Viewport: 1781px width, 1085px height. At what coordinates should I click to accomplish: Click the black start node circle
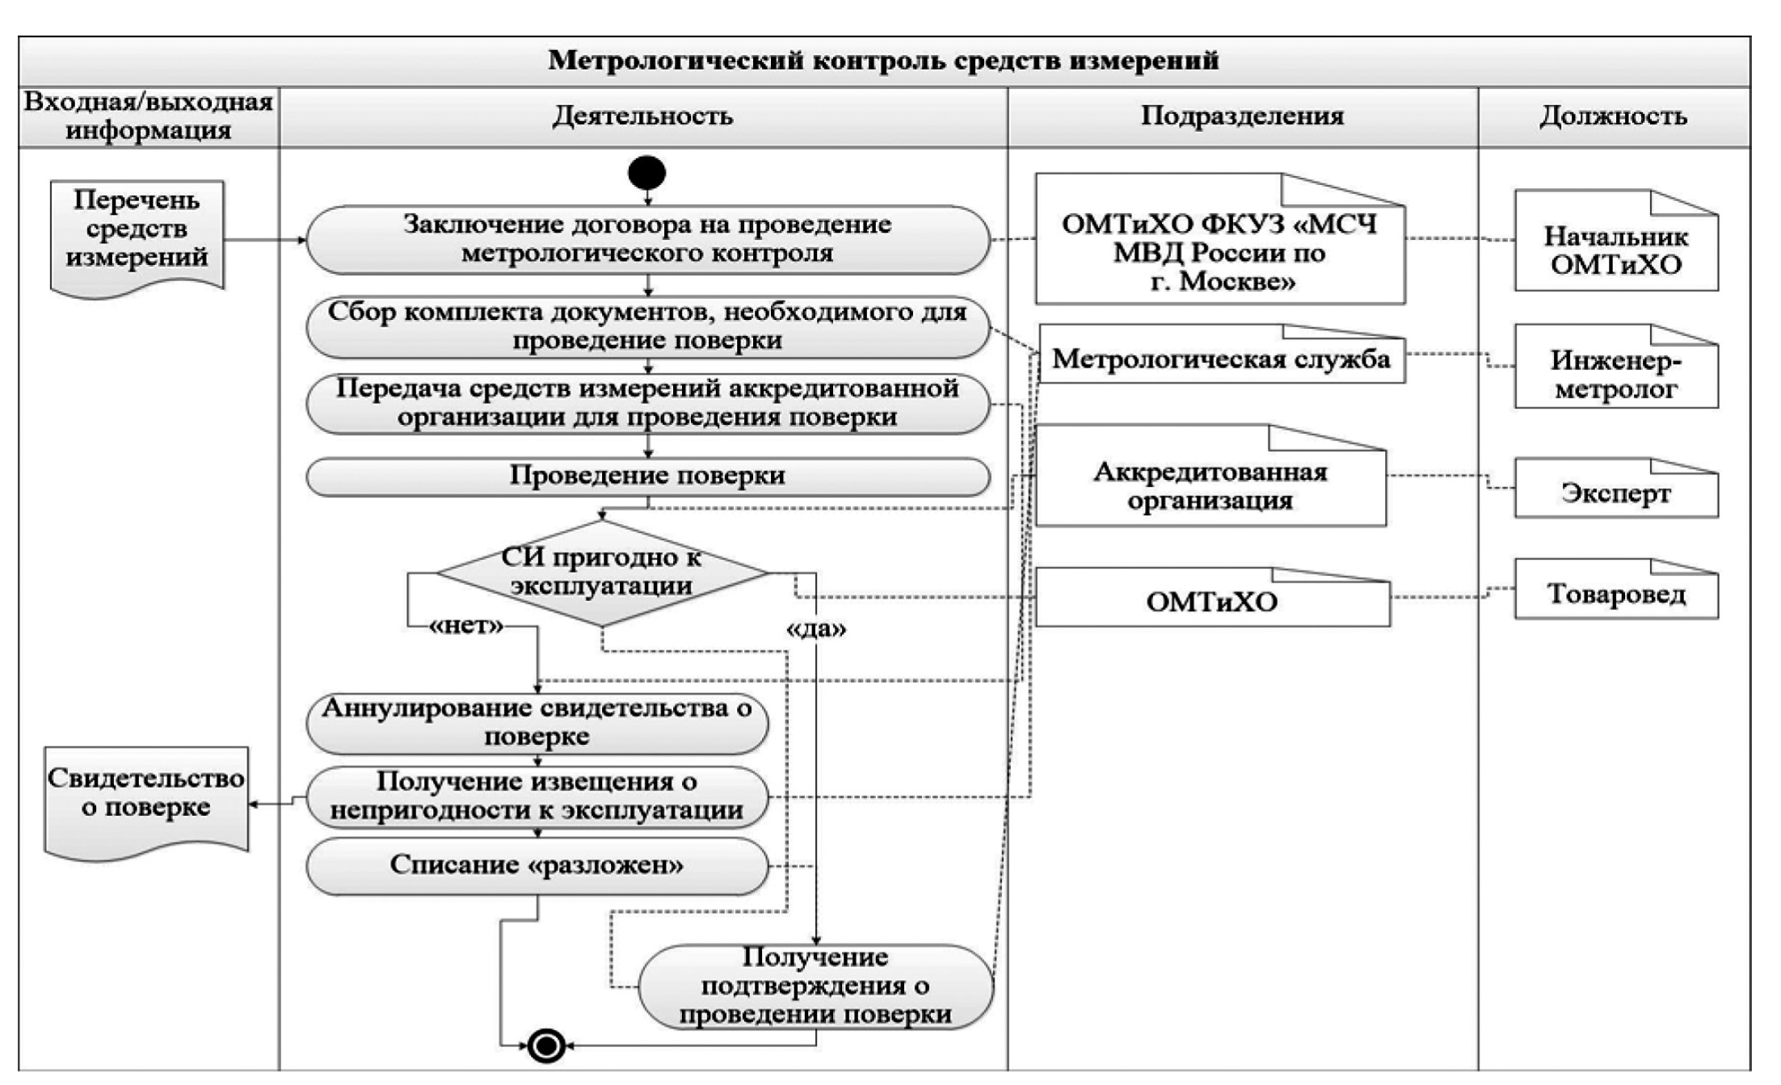(646, 173)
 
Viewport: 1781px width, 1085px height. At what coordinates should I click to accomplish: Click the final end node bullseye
(546, 1046)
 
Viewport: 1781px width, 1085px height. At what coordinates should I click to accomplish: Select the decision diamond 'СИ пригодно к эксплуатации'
(601, 573)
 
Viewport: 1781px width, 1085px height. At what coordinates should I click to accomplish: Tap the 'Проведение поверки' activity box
(647, 476)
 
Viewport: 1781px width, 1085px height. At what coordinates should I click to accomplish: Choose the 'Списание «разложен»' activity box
(537, 865)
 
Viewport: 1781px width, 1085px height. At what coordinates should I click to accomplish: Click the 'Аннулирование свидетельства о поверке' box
(537, 722)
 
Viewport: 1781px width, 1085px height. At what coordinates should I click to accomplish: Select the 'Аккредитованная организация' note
(1210, 486)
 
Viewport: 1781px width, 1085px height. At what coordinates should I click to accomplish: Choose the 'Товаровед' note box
(1615, 595)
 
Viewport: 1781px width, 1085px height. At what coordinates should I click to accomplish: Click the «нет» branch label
(467, 626)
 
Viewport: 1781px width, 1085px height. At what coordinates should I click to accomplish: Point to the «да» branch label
(816, 629)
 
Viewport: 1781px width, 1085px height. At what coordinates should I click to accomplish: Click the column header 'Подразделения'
(1242, 116)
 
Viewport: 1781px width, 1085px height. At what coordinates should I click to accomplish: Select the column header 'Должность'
(1613, 116)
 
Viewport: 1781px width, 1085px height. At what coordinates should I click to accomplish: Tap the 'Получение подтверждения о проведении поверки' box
(815, 986)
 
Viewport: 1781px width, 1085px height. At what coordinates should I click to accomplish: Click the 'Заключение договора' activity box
(647, 239)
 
